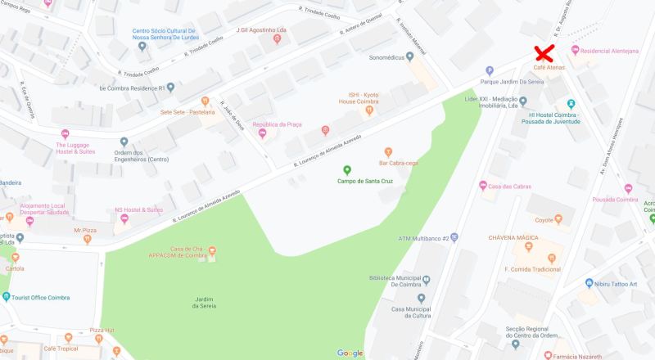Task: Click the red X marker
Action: coord(542,54)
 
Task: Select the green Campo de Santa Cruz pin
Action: coord(346,169)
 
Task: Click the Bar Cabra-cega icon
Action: coord(388,151)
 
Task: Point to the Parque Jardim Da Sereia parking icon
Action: coord(490,70)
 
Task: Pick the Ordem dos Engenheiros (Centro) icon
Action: coord(124,142)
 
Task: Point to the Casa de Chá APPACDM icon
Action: coord(212,250)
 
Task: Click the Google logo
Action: coord(350,353)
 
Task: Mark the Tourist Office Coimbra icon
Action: coord(7,297)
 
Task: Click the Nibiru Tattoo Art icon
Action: coord(589,282)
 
